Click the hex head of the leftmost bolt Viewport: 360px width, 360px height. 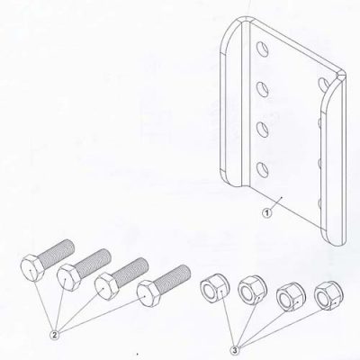coord(29,265)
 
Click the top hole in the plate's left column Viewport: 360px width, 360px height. coord(261,45)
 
